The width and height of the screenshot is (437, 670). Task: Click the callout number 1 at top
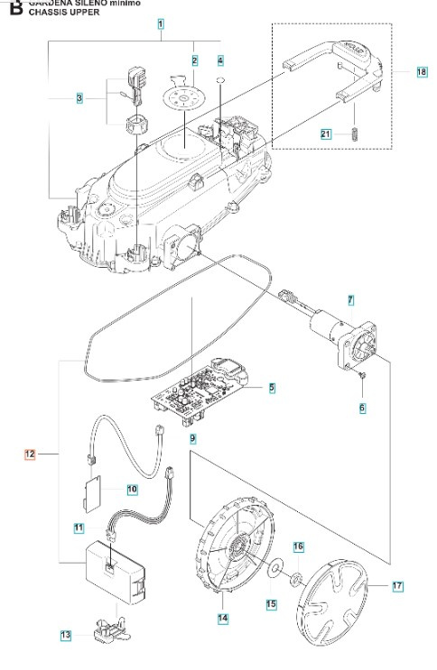160,24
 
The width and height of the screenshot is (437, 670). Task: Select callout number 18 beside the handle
422,71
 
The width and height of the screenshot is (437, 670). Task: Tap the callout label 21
326,133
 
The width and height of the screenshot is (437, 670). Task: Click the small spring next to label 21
355,134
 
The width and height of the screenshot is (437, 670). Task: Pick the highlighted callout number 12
30,455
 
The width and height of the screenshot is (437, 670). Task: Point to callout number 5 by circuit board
272,389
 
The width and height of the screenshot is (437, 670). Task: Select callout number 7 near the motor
350,298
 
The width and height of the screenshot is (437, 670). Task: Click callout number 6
362,408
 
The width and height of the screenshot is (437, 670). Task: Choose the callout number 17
396,587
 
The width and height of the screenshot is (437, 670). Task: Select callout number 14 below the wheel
222,619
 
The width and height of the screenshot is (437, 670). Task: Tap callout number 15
271,603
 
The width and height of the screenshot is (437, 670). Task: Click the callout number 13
65,636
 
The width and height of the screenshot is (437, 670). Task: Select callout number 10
132,489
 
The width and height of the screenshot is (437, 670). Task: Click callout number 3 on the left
79,97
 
